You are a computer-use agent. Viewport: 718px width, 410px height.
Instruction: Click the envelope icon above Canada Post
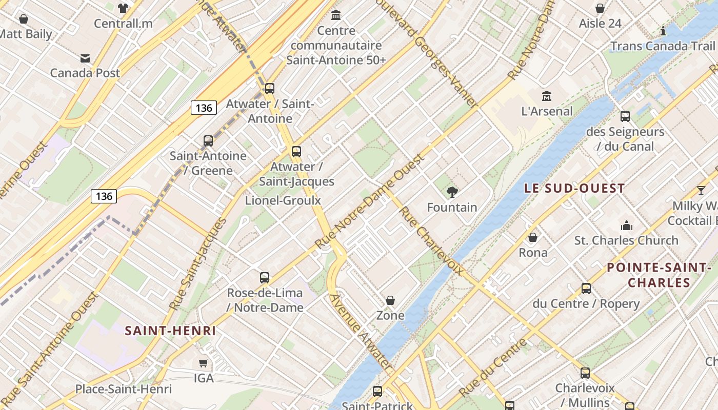(85, 58)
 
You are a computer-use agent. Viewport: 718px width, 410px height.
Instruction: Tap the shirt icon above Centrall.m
(123, 8)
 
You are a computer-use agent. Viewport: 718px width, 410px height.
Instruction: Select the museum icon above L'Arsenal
(547, 96)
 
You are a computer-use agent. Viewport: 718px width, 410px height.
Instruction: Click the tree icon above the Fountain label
(452, 192)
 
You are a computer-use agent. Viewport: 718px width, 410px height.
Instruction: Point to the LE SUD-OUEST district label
(574, 188)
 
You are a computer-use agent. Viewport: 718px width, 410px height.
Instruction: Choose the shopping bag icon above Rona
(533, 237)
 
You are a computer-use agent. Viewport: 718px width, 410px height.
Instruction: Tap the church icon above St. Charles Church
(626, 225)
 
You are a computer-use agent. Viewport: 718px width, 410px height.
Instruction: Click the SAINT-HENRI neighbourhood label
(171, 331)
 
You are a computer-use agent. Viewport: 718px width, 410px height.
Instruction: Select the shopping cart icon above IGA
(204, 363)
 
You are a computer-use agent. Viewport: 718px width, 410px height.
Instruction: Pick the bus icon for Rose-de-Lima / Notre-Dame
(265, 278)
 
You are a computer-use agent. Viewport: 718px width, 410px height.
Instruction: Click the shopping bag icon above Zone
(390, 300)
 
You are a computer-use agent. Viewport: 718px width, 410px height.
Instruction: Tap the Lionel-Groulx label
(283, 200)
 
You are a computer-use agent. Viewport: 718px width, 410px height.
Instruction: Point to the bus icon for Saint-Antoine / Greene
(208, 141)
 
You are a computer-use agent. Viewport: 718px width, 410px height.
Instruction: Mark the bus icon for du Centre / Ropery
(586, 289)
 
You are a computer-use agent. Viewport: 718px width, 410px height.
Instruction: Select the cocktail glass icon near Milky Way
(701, 191)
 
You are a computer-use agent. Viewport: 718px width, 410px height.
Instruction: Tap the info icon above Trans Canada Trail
(663, 31)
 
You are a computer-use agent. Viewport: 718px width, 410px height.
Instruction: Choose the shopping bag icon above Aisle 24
(600, 9)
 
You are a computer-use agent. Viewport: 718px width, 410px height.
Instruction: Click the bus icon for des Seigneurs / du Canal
(625, 116)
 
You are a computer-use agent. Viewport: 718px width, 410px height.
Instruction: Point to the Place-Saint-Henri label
(124, 389)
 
